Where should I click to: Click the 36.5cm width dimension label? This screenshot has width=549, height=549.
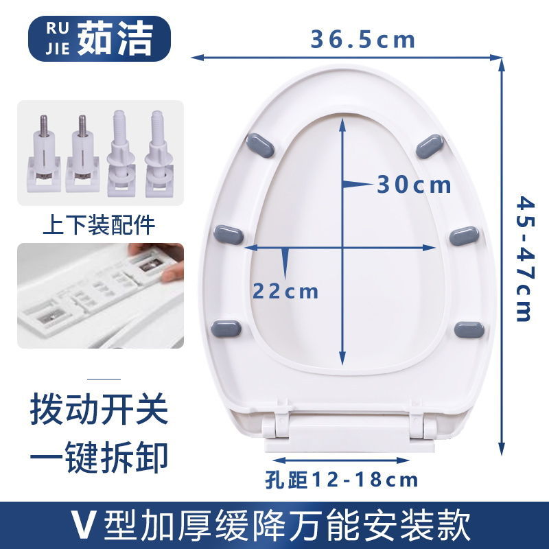point(363,39)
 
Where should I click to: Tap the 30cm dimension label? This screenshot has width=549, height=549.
point(414,185)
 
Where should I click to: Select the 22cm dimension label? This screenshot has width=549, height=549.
point(285,291)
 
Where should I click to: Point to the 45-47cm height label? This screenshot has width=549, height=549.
point(524,259)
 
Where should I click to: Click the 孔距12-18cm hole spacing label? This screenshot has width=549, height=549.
point(341,478)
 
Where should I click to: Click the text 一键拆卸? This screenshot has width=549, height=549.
point(99,455)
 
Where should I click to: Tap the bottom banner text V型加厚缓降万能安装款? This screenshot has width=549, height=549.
point(274,525)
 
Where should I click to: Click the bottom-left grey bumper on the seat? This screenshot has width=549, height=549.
point(227,327)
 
